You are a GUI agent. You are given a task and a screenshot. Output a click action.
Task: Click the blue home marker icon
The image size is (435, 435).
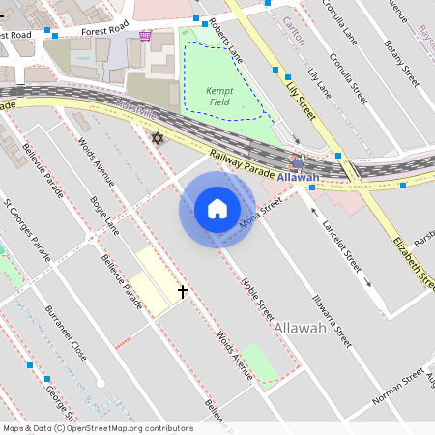[217, 209]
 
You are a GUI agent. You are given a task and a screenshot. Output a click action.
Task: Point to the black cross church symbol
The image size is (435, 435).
[182, 290]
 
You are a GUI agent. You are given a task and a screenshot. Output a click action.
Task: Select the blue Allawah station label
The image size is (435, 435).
[298, 177]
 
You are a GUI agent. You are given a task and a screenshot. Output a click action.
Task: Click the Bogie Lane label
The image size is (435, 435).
[103, 215]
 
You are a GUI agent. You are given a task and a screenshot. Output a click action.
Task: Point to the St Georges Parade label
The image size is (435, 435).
[27, 230]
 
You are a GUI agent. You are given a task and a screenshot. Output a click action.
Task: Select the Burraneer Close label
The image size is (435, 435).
[66, 333]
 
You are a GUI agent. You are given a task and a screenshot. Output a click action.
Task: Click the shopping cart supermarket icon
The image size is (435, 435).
[145, 36]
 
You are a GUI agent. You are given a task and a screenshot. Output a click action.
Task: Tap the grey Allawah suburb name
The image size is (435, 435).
[300, 329]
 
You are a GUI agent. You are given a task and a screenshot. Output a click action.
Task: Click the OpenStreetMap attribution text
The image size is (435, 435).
[98, 428]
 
